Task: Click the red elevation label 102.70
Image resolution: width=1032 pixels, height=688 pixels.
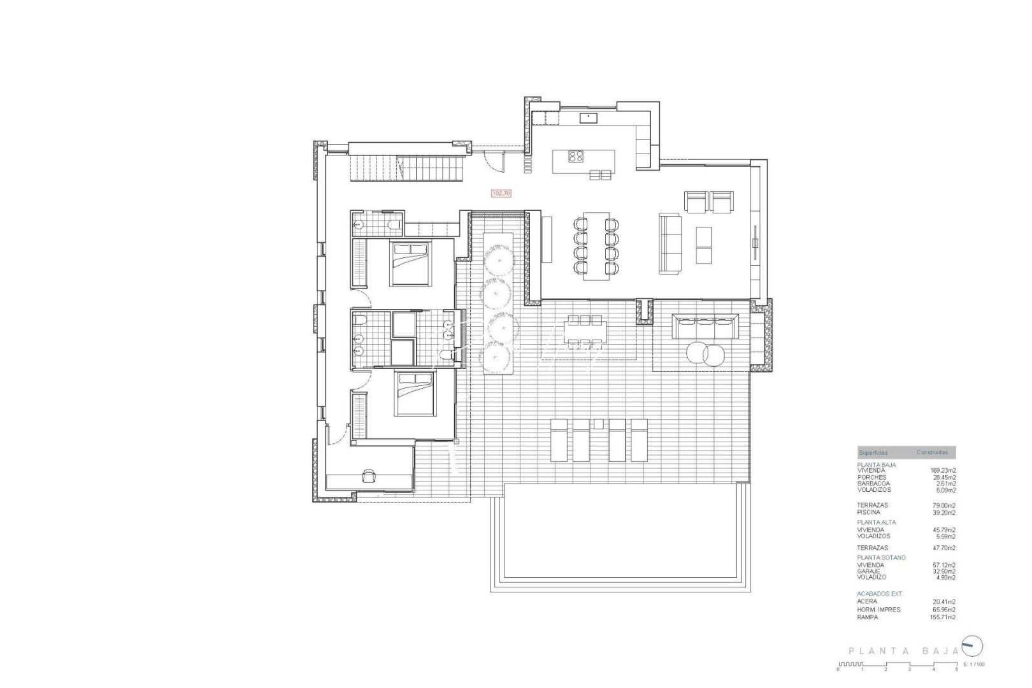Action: [501, 192]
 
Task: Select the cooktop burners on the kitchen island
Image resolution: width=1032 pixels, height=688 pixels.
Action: [576, 156]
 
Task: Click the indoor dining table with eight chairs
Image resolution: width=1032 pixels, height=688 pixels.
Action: [596, 245]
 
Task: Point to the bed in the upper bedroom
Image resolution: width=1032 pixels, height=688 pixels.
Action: [412, 264]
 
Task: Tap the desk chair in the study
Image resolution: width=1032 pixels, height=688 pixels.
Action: [368, 475]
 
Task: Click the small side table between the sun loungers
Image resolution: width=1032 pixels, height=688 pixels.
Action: [598, 424]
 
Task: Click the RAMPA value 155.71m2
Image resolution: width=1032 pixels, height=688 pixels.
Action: [943, 617]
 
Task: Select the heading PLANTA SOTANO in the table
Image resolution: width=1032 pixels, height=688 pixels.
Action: [881, 557]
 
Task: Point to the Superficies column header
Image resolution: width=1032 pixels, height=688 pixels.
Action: [873, 452]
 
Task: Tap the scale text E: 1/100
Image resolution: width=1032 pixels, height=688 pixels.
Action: [975, 665]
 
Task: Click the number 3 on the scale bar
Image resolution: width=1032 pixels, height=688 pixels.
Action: [909, 670]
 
